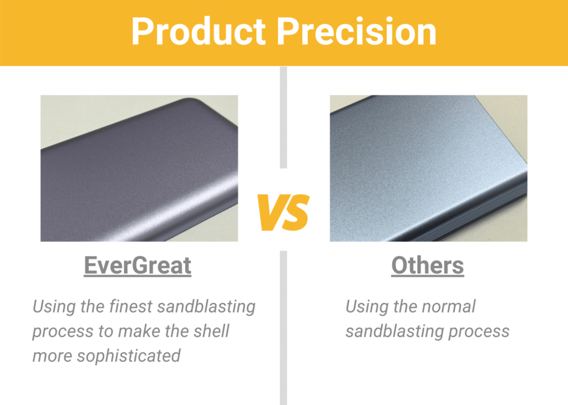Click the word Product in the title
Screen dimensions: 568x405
coord(199,32)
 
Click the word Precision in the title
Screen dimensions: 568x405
coord(357,32)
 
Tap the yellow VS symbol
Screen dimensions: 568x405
coord(283,213)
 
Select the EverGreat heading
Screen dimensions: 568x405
coord(138,265)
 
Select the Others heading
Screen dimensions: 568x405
coord(428,265)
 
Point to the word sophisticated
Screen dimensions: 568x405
coord(129,356)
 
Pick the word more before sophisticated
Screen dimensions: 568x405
coord(53,356)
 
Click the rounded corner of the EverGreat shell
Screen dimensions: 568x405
coord(190,102)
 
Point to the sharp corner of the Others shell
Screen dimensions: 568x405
coord(475,96)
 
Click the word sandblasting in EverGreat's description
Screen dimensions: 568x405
coord(206,307)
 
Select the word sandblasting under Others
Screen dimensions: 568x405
coord(394,332)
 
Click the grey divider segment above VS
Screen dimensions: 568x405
coord(283,117)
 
